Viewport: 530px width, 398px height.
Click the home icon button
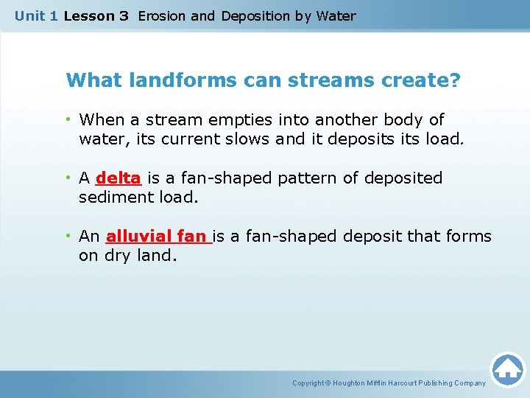(507, 369)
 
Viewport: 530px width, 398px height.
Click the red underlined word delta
(119, 178)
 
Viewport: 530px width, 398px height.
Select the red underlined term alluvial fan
(158, 237)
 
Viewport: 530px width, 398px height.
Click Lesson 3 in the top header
(96, 15)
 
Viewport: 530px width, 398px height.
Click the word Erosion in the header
(162, 15)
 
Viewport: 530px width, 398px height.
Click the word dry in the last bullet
(118, 256)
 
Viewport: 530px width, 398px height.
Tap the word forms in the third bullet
(469, 237)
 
